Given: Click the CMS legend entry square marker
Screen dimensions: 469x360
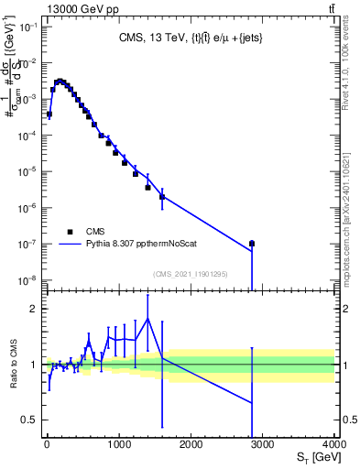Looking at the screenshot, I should pos(70,232).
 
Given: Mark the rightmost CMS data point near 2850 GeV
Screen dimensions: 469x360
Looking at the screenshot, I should pos(252,244).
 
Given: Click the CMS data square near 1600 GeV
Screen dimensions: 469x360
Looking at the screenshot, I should pos(162,196).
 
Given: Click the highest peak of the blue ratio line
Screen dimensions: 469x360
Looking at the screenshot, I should pos(147,319).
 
